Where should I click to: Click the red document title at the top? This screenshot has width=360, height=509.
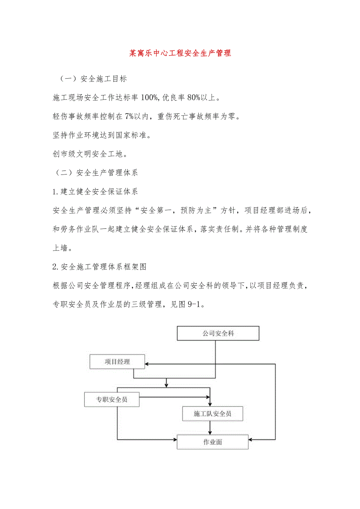[x=180, y=53]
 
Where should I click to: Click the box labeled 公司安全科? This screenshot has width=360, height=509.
[x=218, y=333]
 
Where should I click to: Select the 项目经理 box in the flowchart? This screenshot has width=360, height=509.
[x=117, y=362]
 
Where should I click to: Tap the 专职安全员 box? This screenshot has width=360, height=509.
[x=112, y=399]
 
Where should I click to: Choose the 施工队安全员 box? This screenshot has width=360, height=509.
[x=212, y=414]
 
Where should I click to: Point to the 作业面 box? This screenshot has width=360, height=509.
[x=212, y=442]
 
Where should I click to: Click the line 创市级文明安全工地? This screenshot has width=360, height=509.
[x=90, y=154]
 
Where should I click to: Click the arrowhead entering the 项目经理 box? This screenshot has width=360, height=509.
[x=148, y=364]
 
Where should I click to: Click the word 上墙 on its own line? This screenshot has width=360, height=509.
[x=60, y=248]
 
